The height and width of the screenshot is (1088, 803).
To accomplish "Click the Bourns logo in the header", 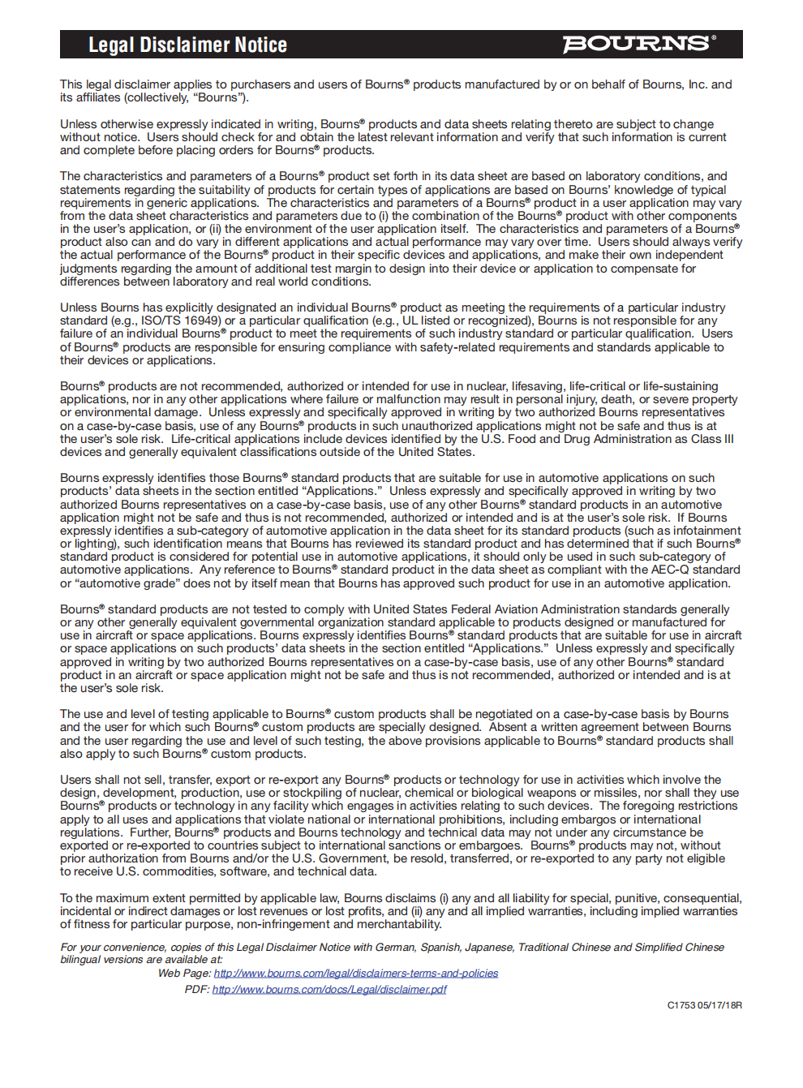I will [x=639, y=44].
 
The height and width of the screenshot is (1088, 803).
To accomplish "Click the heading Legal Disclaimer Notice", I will [x=187, y=45].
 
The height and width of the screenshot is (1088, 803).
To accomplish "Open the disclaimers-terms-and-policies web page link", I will [x=356, y=973].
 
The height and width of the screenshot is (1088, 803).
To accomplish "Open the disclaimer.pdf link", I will [x=329, y=989].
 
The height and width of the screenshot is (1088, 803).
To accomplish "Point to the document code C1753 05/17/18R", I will [x=704, y=1005].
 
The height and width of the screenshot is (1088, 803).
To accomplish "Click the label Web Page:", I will [x=184, y=973].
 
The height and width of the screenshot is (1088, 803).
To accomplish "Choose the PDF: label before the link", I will [x=197, y=989].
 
